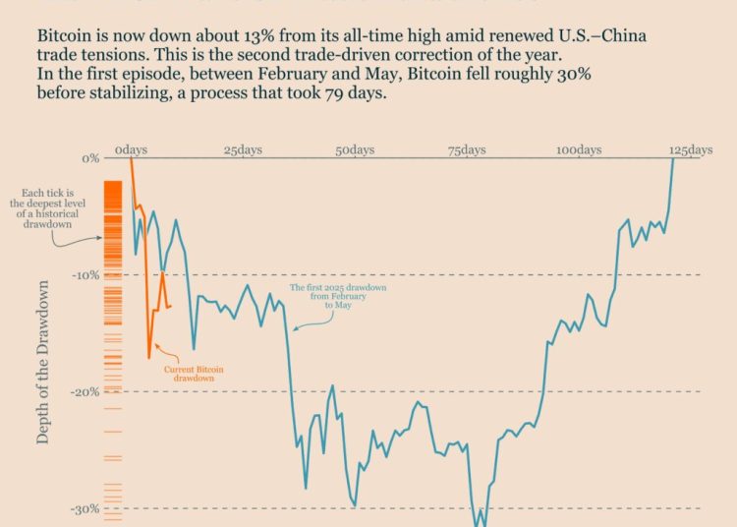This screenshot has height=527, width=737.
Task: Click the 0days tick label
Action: [x=131, y=149]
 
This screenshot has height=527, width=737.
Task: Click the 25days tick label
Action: [x=243, y=149]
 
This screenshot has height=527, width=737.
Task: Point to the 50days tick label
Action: [x=355, y=149]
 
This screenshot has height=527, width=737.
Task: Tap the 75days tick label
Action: [x=467, y=149]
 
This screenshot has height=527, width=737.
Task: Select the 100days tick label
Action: [x=578, y=149]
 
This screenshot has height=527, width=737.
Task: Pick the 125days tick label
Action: [x=691, y=149]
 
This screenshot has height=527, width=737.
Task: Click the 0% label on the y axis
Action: [x=90, y=158]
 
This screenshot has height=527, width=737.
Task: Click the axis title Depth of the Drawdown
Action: [x=43, y=361]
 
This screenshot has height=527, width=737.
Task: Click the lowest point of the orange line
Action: [x=149, y=357]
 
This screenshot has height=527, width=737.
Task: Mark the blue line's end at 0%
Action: [x=673, y=159]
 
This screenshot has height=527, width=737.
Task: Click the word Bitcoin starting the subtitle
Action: [x=66, y=32]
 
